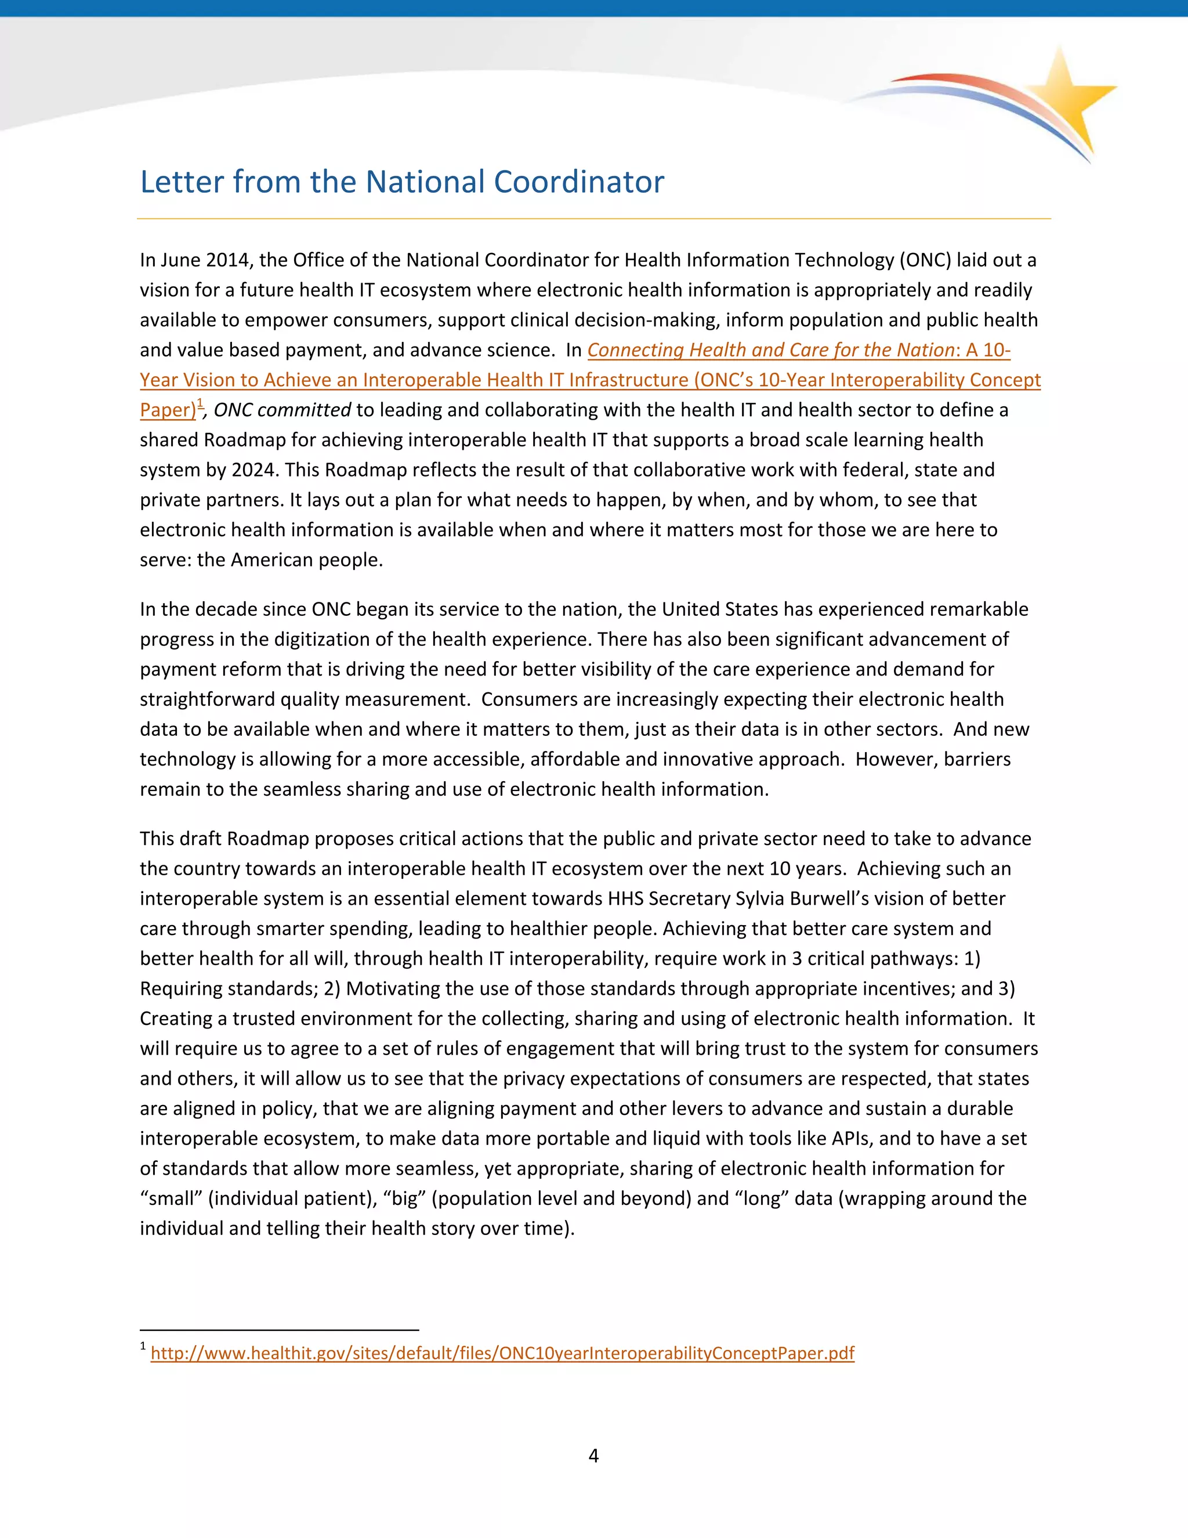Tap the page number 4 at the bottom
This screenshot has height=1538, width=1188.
(x=593, y=1455)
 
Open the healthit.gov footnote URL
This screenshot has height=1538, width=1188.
(x=502, y=1353)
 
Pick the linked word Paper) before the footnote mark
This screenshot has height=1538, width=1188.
(x=168, y=410)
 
